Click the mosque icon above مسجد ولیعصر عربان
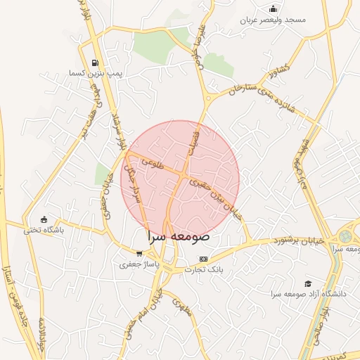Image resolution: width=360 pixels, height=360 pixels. [273, 9]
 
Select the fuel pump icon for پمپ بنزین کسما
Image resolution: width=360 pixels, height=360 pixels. [96, 63]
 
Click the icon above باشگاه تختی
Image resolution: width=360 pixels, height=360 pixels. [44, 219]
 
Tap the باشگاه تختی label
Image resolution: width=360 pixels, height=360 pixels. [44, 230]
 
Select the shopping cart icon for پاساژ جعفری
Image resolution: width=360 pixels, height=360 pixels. [139, 254]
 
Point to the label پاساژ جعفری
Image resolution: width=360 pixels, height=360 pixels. [139, 264]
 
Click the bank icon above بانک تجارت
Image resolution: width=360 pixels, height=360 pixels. [203, 258]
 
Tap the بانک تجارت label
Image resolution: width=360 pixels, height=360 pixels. [203, 269]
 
